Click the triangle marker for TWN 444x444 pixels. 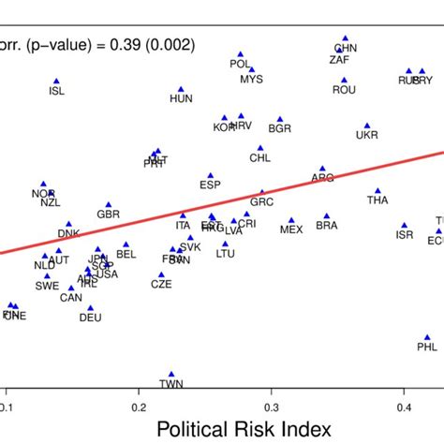pyautogui.click(x=171, y=374)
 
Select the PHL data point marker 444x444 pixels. pyautogui.click(x=427, y=337)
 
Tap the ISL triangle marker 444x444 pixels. pyautogui.click(x=57, y=81)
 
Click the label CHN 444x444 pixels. pyautogui.click(x=346, y=48)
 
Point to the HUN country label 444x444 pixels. pyautogui.click(x=181, y=98)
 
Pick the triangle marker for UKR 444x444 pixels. pyautogui.click(x=367, y=125)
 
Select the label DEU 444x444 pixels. pyautogui.click(x=90, y=318)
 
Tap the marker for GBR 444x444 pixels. pyautogui.click(x=109, y=204)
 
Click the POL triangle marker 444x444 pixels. pyautogui.click(x=241, y=54)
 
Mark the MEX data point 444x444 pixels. pyautogui.click(x=292, y=217)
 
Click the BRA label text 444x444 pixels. pyautogui.click(x=327, y=226)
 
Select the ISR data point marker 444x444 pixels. pyautogui.click(x=405, y=226)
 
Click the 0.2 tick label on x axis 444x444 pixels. pyautogui.click(x=140, y=407)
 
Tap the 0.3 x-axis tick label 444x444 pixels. pyautogui.click(x=273, y=407)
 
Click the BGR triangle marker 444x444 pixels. pyautogui.click(x=279, y=119)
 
